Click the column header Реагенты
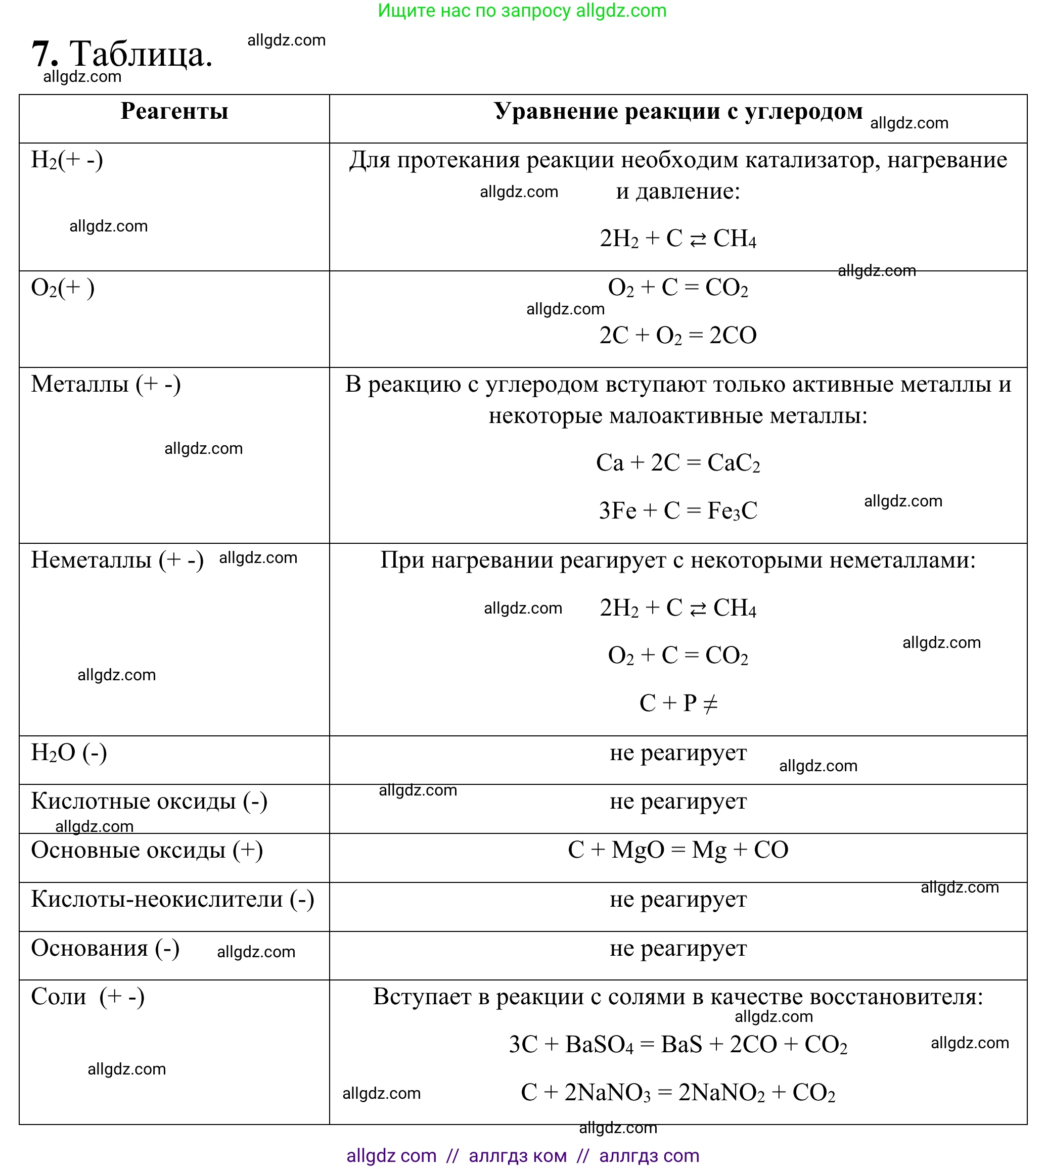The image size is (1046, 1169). pyautogui.click(x=174, y=111)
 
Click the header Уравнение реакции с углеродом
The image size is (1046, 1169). pyautogui.click(x=677, y=111)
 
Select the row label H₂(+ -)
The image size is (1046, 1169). pyautogui.click(x=67, y=160)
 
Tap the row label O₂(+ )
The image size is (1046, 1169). pyautogui.click(x=63, y=288)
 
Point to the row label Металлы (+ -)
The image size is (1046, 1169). pyautogui.click(x=106, y=384)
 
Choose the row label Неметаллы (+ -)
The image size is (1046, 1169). pyautogui.click(x=117, y=560)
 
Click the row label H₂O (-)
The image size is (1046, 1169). pyautogui.click(x=69, y=753)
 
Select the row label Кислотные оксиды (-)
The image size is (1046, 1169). pyautogui.click(x=149, y=802)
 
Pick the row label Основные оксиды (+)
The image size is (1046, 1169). pyautogui.click(x=147, y=850)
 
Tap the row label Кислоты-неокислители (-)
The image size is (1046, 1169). pyautogui.click(x=172, y=899)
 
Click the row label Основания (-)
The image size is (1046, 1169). pyautogui.click(x=105, y=949)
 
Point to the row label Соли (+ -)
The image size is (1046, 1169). pyautogui.click(x=87, y=997)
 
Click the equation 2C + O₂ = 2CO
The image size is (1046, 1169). pyautogui.click(x=677, y=336)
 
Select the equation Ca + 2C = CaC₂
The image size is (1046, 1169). pyautogui.click(x=677, y=463)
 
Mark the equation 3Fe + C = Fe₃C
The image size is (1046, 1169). pyautogui.click(x=677, y=510)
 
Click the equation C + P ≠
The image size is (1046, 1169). pyautogui.click(x=677, y=703)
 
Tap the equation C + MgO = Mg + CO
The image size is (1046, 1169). pyautogui.click(x=677, y=850)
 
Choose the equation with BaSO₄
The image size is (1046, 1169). pyautogui.click(x=677, y=1045)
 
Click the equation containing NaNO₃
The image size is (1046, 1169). pyautogui.click(x=677, y=1093)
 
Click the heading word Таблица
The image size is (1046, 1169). pyautogui.click(x=141, y=55)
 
